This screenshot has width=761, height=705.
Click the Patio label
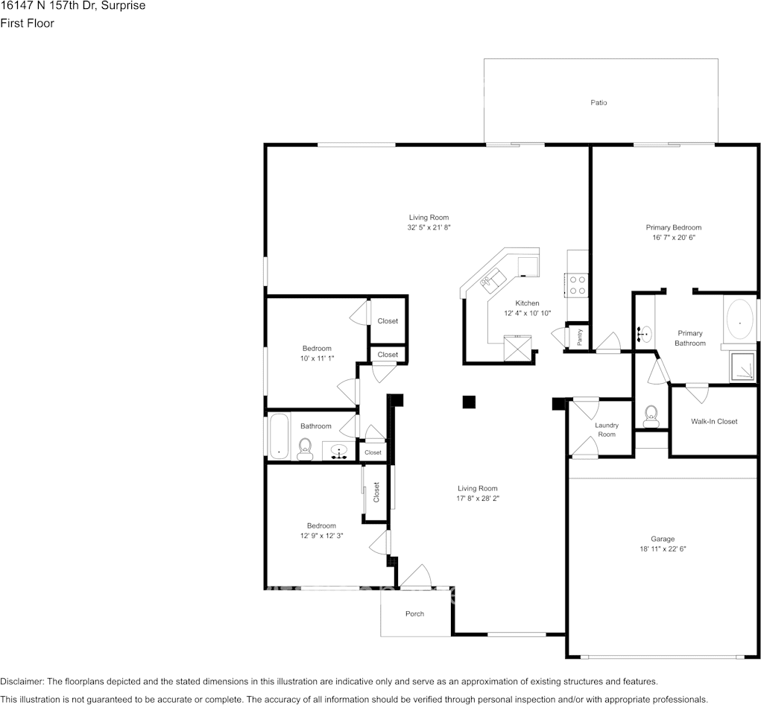pos(599,102)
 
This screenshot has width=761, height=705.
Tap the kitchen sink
pos(493,280)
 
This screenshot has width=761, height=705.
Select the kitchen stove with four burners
pos(577,285)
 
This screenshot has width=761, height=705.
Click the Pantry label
pos(579,337)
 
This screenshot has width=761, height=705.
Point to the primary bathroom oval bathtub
pos(739,322)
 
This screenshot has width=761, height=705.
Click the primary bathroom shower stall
pos(742,367)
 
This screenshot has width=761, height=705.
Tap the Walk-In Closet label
pos(714,422)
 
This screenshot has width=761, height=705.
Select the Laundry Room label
pos(607,430)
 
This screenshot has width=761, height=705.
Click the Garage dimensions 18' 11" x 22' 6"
pos(663,549)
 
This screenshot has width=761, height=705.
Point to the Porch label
pos(414,614)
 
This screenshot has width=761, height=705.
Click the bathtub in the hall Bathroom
pos(279,436)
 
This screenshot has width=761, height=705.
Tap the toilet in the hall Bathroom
pos(305,449)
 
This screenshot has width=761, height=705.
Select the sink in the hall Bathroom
pos(339,452)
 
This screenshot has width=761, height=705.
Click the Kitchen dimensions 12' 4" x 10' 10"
pos(527,314)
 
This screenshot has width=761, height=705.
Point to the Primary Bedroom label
pos(673,227)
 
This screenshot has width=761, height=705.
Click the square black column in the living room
pos(468,402)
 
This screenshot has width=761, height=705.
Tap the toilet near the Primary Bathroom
pos(651,417)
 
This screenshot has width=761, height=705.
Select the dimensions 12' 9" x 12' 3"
pos(321,536)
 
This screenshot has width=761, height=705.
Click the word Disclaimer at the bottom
pos(22,681)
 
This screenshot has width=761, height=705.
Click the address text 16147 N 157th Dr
pos(48,6)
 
